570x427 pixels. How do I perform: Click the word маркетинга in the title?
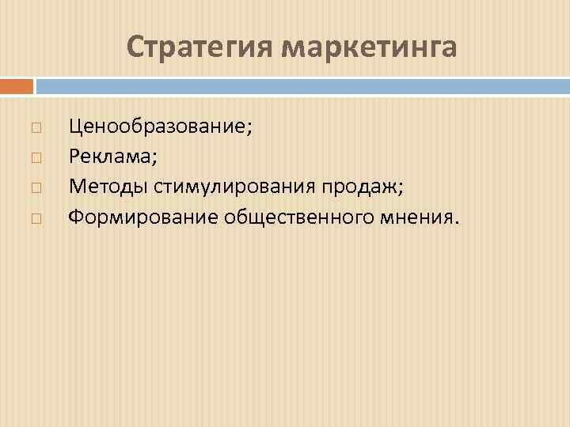[370, 47]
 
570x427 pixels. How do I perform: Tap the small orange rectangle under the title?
[17, 85]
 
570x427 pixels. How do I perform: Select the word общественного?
[294, 217]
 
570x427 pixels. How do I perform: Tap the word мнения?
[412, 217]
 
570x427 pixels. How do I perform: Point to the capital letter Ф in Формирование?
[76, 217]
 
